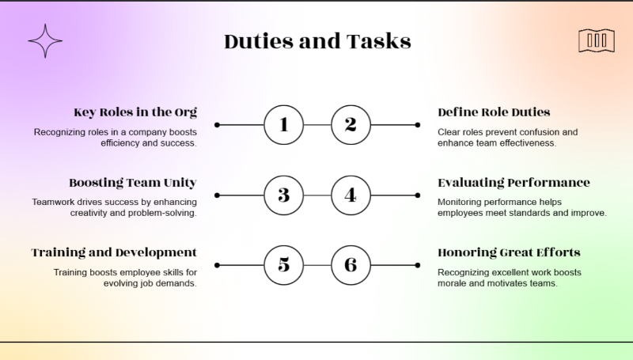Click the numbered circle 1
pos(283,124)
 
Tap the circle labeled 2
pos(351,124)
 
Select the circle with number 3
pos(283,195)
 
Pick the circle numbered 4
pos(351,195)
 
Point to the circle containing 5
pos(283,265)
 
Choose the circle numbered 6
pos(351,265)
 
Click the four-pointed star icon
pos(45,40)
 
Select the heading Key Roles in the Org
pos(135,112)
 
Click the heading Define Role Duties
pos(494,112)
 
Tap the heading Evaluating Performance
pos(514,182)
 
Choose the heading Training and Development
pos(114,252)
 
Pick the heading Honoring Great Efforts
pos(509,252)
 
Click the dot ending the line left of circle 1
pos(217,125)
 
